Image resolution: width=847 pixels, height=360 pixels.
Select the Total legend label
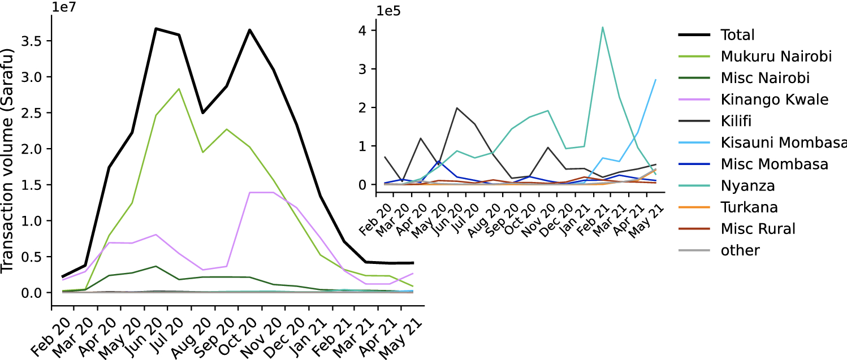click(x=737, y=35)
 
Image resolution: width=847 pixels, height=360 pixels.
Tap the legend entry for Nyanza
click(x=748, y=185)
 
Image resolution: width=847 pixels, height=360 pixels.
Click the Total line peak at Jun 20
click(x=155, y=28)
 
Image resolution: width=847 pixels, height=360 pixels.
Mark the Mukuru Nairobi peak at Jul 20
click(x=179, y=89)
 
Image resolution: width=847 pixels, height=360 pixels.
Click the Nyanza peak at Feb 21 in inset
click(x=603, y=27)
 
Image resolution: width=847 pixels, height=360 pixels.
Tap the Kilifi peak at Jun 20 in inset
click(x=457, y=108)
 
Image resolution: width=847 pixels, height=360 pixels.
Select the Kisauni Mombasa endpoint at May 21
click(x=655, y=79)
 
